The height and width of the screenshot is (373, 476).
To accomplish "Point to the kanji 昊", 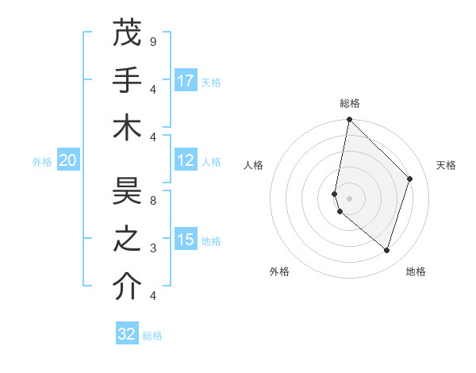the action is tap(127, 191).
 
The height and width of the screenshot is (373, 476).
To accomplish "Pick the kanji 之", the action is tap(127, 240).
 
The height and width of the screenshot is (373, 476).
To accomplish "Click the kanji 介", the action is tap(127, 287).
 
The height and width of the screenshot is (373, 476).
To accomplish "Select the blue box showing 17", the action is tap(186, 80).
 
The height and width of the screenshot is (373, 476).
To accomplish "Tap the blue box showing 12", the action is tap(186, 160).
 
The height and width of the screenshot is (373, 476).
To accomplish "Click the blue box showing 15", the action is tap(186, 240).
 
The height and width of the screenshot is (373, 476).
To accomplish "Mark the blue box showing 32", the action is tap(127, 334).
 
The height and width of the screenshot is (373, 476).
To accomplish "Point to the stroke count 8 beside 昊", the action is tap(152, 201).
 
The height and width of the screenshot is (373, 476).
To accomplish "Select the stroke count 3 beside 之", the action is tap(152, 248).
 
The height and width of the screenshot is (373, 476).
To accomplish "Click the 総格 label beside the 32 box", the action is tap(152, 336).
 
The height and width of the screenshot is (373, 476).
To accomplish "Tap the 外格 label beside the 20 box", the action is tap(42, 162).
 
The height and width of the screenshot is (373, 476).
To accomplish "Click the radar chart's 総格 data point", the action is tap(349, 119).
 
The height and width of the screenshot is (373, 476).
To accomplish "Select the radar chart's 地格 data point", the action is tap(386, 250).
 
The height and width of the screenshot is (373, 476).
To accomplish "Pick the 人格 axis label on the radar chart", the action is tap(254, 165).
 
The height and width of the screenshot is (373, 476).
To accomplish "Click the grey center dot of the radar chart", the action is tap(349, 198).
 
